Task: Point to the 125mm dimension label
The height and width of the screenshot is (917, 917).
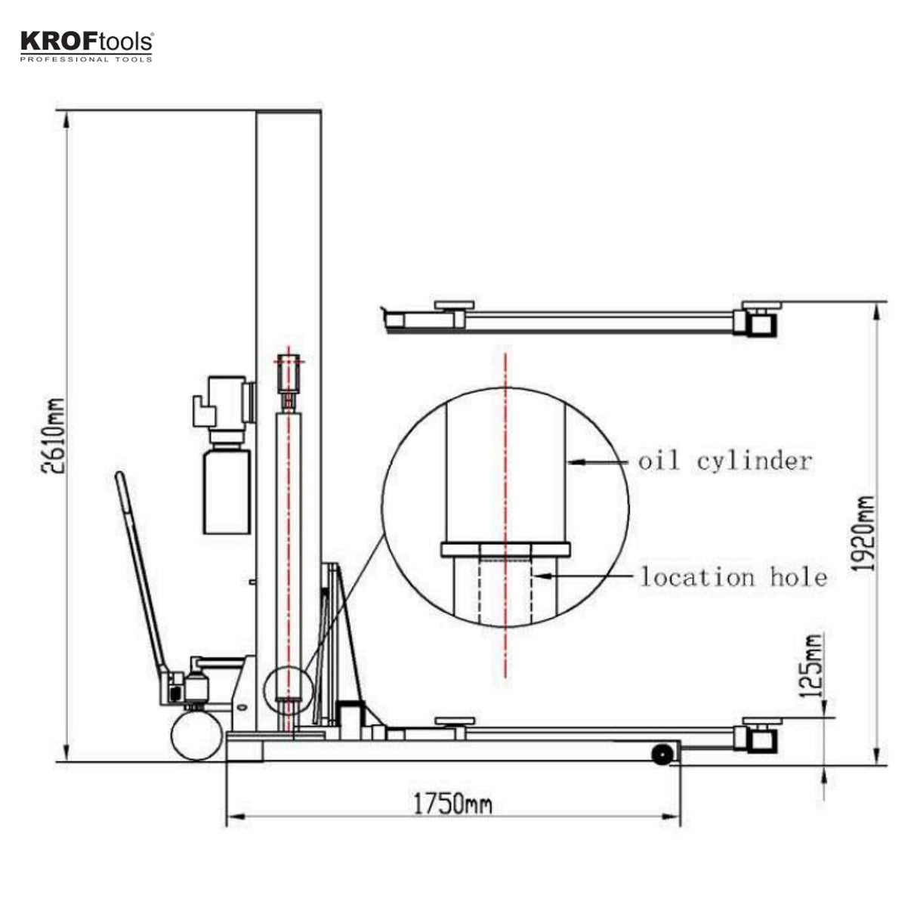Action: pyautogui.click(x=810, y=665)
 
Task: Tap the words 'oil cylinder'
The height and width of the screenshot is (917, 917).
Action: pyautogui.click(x=724, y=460)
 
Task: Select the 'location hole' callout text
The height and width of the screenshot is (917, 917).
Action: pyautogui.click(x=733, y=577)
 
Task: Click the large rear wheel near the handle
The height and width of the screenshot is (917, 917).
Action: pyautogui.click(x=196, y=735)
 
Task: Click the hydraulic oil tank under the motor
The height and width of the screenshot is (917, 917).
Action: pyautogui.click(x=227, y=491)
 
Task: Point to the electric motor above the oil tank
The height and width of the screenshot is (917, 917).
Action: pyautogui.click(x=221, y=404)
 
